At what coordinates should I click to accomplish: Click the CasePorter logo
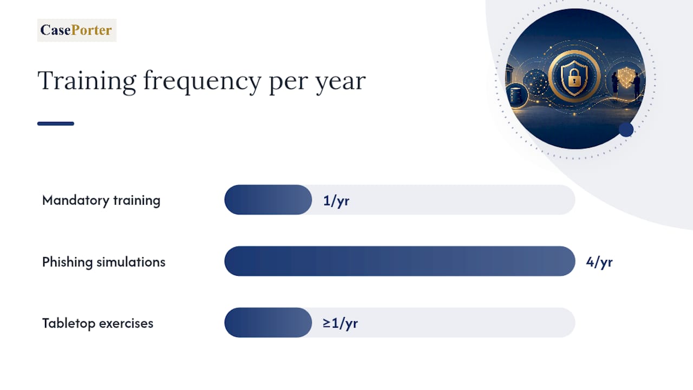(x=77, y=30)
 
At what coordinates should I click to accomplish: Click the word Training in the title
(x=87, y=81)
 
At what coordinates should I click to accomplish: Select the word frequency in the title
(x=202, y=82)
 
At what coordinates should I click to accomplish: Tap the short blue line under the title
(x=56, y=123)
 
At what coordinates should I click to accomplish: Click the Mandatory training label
(x=101, y=200)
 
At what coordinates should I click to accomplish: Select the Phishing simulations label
(x=103, y=262)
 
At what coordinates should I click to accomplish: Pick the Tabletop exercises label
(x=97, y=323)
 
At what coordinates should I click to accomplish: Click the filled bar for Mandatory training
(x=268, y=200)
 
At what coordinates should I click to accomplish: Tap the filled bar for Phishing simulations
(x=400, y=261)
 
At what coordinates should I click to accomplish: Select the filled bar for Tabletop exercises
(x=268, y=322)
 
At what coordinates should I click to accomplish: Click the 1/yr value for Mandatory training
(x=336, y=201)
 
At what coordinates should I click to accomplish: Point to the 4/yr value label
(x=599, y=262)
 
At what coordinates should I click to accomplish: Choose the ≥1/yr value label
(x=340, y=323)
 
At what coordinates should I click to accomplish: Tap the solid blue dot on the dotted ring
(x=626, y=129)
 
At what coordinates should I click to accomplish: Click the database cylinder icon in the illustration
(x=516, y=95)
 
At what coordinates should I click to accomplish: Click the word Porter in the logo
(x=91, y=30)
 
